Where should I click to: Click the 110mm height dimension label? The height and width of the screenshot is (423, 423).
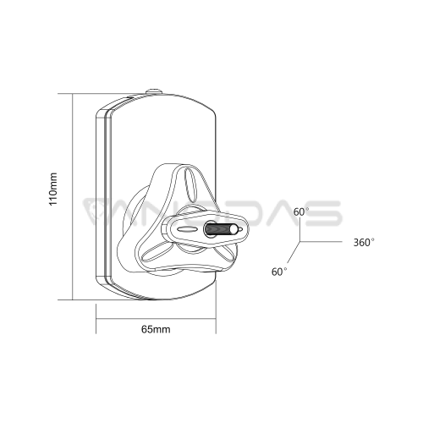click(x=53, y=189)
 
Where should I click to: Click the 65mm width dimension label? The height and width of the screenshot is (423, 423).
click(x=156, y=329)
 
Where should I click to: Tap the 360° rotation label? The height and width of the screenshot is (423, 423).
click(x=364, y=242)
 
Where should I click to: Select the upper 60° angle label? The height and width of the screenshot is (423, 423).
click(x=301, y=211)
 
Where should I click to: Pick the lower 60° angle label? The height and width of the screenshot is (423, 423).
click(x=279, y=272)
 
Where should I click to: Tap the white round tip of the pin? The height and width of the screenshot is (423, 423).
click(x=233, y=229)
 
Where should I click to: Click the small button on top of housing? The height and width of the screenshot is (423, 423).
click(x=154, y=91)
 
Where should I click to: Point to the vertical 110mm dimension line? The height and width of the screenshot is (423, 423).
click(x=73, y=196)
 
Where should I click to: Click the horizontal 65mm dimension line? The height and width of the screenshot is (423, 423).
click(x=156, y=319)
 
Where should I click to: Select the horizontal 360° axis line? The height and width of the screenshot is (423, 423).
click(x=321, y=242)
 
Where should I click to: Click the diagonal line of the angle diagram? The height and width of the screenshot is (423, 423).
click(x=293, y=253)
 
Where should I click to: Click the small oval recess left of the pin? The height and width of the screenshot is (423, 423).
click(x=185, y=229)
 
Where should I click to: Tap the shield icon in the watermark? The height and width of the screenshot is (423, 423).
click(x=95, y=211)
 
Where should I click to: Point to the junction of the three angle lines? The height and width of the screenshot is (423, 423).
click(x=299, y=242)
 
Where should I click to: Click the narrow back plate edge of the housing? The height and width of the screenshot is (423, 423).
click(x=100, y=197)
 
